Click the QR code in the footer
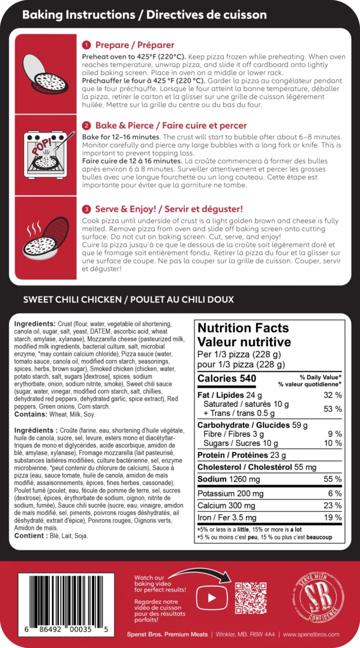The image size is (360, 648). pyautogui.click(x=250, y=597)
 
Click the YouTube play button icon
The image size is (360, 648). pyautogui.click(x=211, y=597)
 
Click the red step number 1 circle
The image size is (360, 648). pyautogui.click(x=86, y=45)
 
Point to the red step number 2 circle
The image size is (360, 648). pyautogui.click(x=86, y=125)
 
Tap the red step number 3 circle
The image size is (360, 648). pyautogui.click(x=86, y=209)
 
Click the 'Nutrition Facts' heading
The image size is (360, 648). pyautogui.click(x=243, y=328)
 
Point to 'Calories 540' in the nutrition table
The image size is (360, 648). pyautogui.click(x=227, y=379)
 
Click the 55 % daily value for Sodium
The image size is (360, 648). pyautogui.click(x=332, y=479)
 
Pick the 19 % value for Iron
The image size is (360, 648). pyautogui.click(x=332, y=517)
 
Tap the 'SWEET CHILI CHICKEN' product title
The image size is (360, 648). pyautogui.click(x=75, y=299)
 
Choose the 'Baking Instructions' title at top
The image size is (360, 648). pyautogui.click(x=80, y=14)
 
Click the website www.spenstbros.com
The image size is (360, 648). pyautogui.click(x=311, y=634)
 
